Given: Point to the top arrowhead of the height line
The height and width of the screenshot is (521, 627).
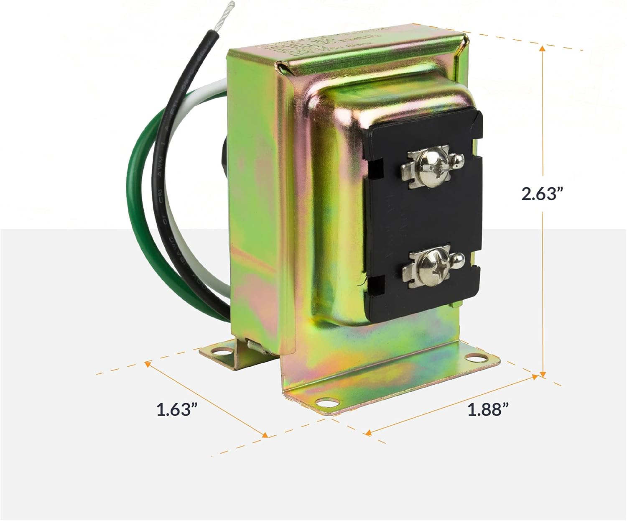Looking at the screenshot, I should coord(542,49).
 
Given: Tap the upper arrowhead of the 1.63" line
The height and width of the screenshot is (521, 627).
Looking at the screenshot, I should coord(148,364).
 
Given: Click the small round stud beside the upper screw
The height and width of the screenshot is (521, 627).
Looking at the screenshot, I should coord(458,159).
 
